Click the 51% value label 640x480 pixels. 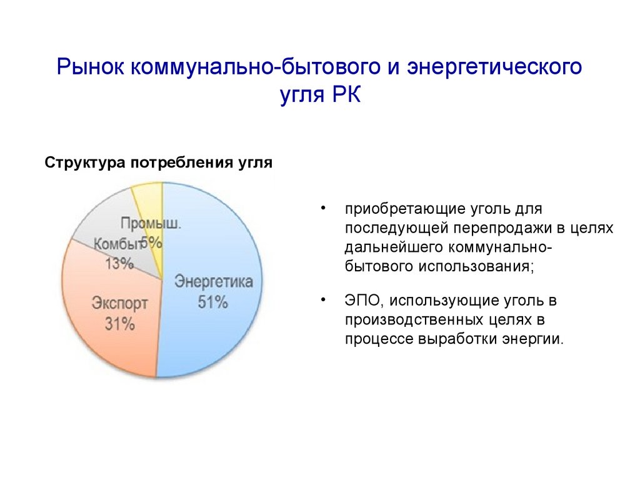click(x=212, y=302)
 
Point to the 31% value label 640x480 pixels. click(x=119, y=324)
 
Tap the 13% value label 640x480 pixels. click(x=119, y=264)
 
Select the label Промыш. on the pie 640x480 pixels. click(x=151, y=224)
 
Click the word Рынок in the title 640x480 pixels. click(x=91, y=66)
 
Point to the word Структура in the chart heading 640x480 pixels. click(x=85, y=163)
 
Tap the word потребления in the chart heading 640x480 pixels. click(x=182, y=163)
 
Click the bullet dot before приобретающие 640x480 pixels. click(x=323, y=209)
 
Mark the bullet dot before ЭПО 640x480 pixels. click(x=323, y=300)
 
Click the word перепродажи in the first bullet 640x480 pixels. click(x=503, y=228)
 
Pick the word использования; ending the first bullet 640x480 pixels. click(x=476, y=267)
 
